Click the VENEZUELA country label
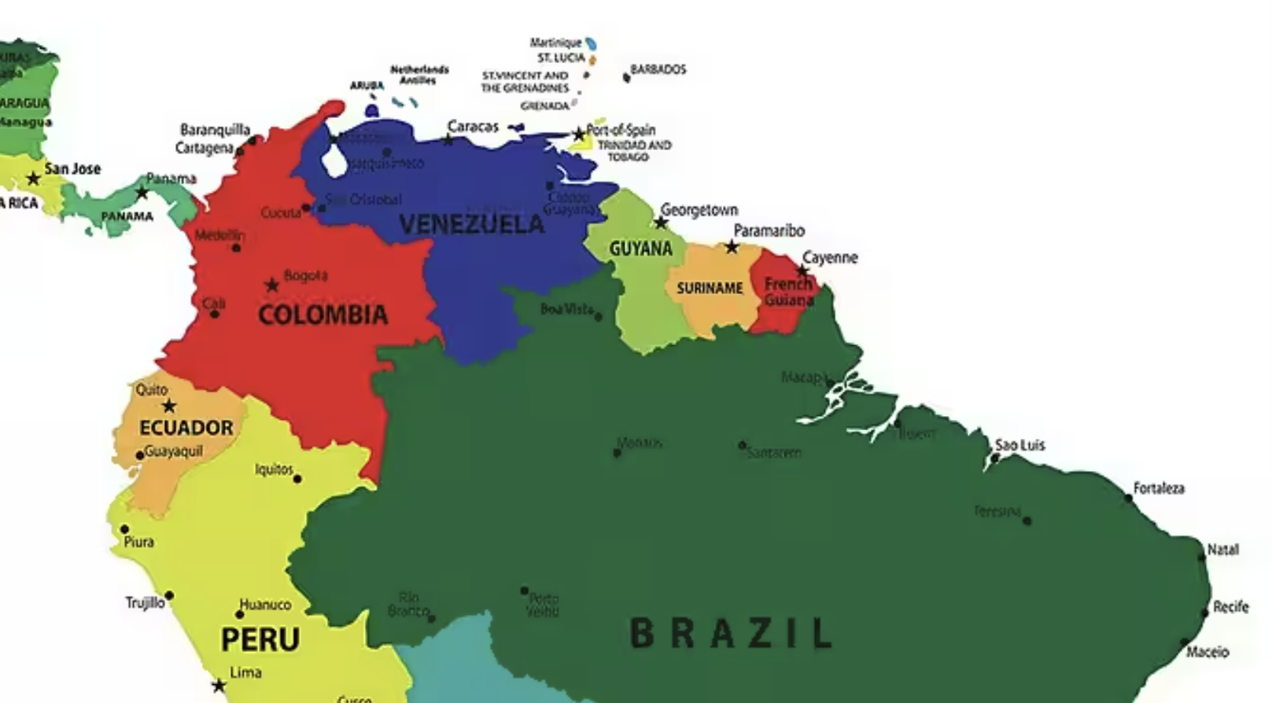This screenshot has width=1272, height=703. coord(471,224)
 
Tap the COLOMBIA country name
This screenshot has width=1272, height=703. coord(323,315)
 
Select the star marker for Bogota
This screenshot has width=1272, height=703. coord(272,285)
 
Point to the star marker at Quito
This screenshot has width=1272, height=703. coord(169,407)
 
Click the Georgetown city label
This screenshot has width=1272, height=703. coord(699,210)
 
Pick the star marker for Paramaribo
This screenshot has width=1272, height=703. coord(732,248)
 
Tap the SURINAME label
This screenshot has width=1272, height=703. coord(710,288)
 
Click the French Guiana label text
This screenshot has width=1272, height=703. coord(788,292)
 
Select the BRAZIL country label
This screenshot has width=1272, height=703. coord(731,633)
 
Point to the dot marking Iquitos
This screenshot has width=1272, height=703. coord(297,479)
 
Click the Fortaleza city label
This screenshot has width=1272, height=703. coord(1158,488)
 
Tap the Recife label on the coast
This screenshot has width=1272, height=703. coord(1230,606)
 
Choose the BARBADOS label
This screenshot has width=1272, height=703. coord(658,69)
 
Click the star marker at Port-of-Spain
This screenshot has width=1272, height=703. coord(579,134)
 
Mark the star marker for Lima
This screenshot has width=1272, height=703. coord(219,686)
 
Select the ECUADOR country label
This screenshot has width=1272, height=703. coord(186,428)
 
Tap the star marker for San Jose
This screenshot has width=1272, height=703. coord(33,179)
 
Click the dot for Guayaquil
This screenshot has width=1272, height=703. coord(140,455)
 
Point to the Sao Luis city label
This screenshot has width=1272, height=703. coord(1019,445)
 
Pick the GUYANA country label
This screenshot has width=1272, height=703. coord(640,248)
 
